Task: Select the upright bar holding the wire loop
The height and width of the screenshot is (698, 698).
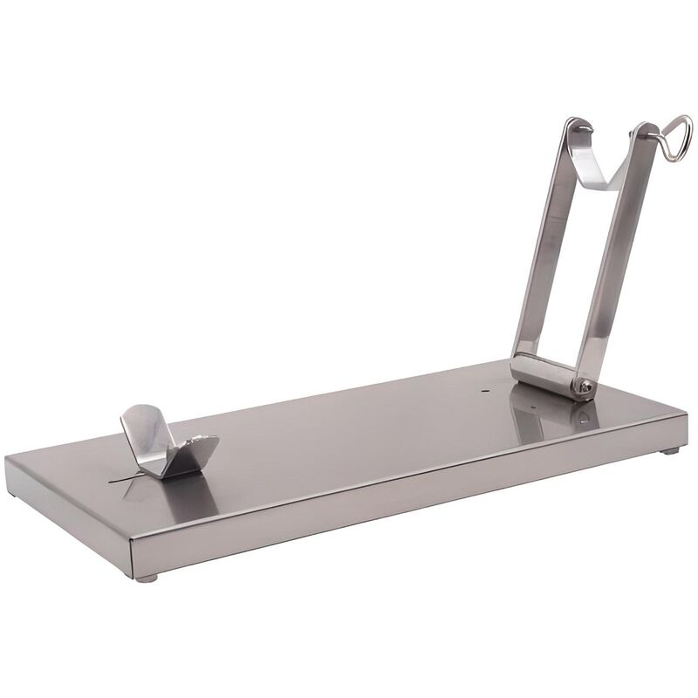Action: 619,253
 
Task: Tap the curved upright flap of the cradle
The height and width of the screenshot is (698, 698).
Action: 144,428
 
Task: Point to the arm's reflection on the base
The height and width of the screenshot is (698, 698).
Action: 550,419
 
